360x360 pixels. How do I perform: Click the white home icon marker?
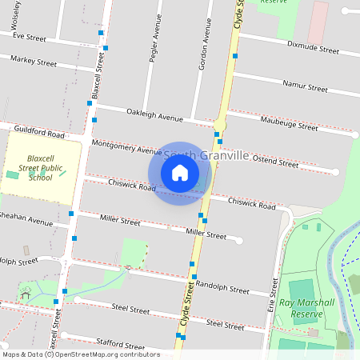click(180, 173)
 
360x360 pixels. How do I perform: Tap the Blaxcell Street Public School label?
click(40, 168)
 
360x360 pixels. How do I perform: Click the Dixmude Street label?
click(313, 48)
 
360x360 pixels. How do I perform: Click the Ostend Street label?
click(274, 162)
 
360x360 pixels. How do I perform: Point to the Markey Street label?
click(34, 61)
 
